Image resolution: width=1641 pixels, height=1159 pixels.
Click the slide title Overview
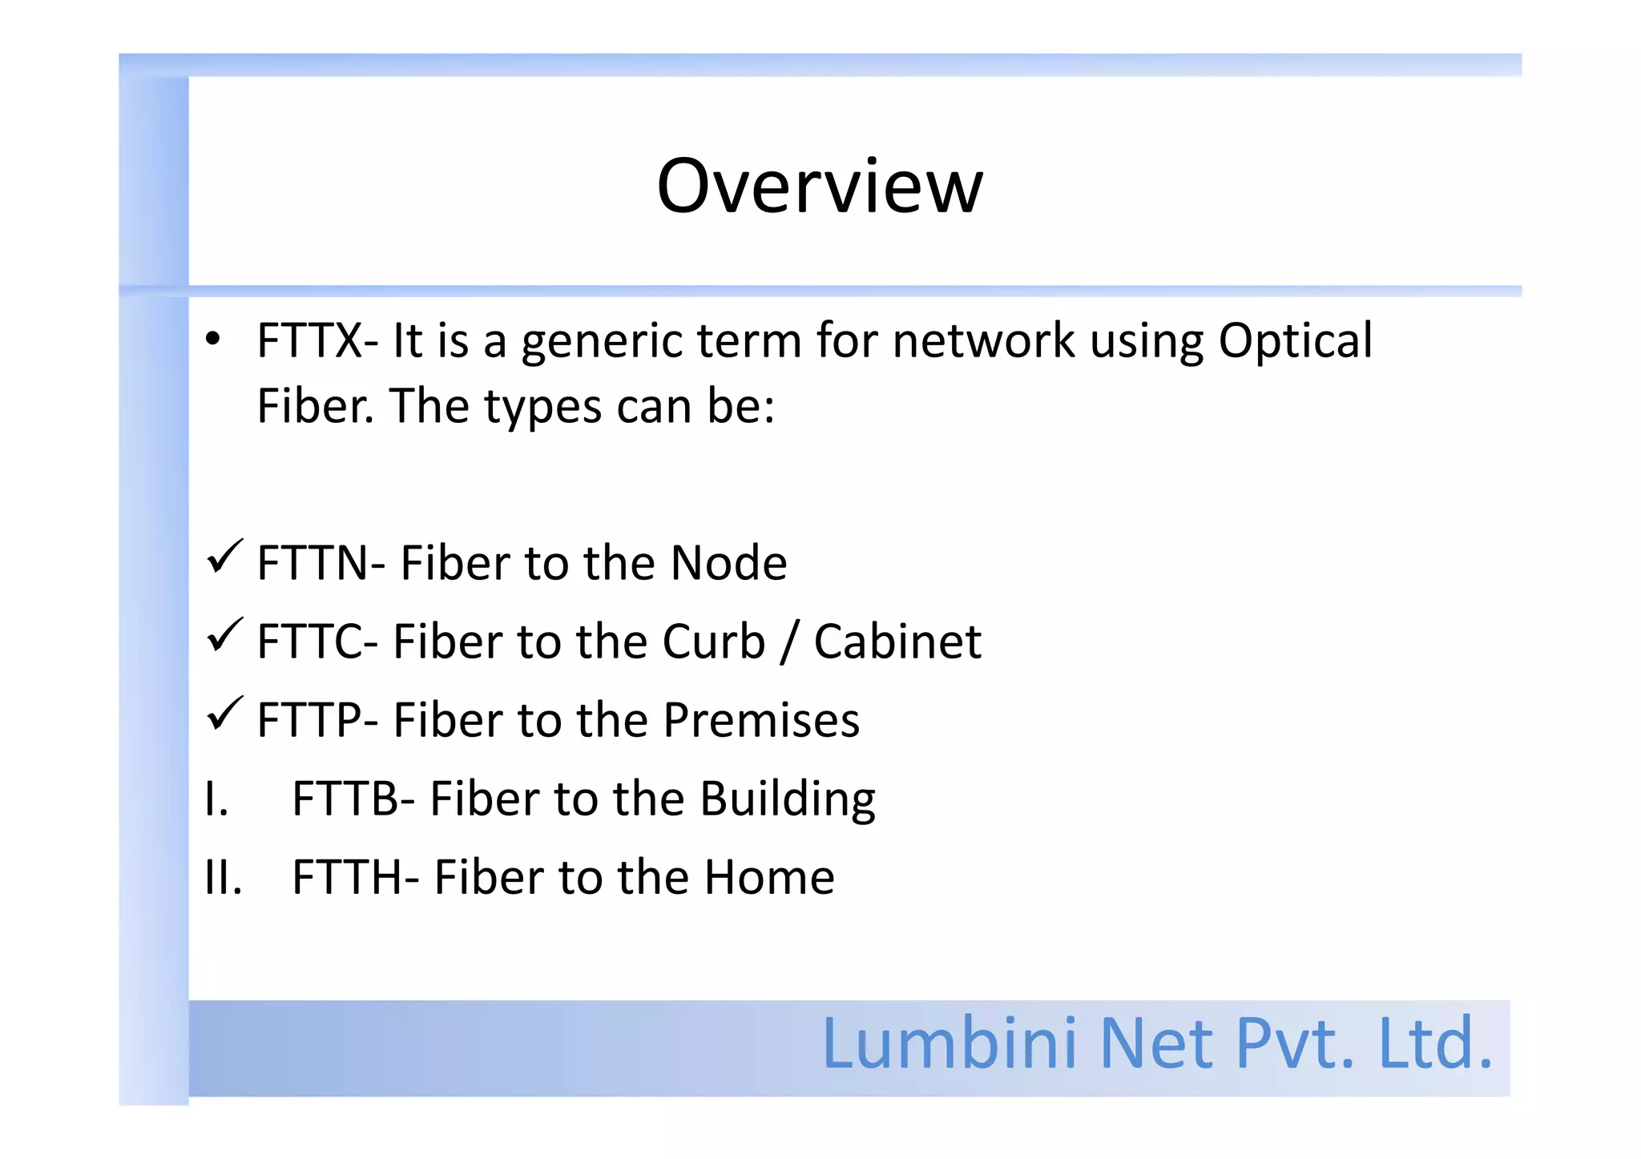(819, 187)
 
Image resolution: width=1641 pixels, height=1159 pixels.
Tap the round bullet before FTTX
(212, 340)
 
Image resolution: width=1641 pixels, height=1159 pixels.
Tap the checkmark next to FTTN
(224, 557)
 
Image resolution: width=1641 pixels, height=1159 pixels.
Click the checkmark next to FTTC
(224, 636)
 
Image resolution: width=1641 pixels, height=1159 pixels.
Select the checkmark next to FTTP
(224, 714)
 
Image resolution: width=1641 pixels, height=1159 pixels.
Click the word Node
(728, 563)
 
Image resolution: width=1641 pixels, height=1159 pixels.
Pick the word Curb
(713, 642)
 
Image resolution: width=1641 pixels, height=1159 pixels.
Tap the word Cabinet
(897, 642)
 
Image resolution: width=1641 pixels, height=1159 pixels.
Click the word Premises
(761, 720)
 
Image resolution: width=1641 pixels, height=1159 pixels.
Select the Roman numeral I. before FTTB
(216, 799)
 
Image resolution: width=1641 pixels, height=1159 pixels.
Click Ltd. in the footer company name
(1434, 1044)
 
